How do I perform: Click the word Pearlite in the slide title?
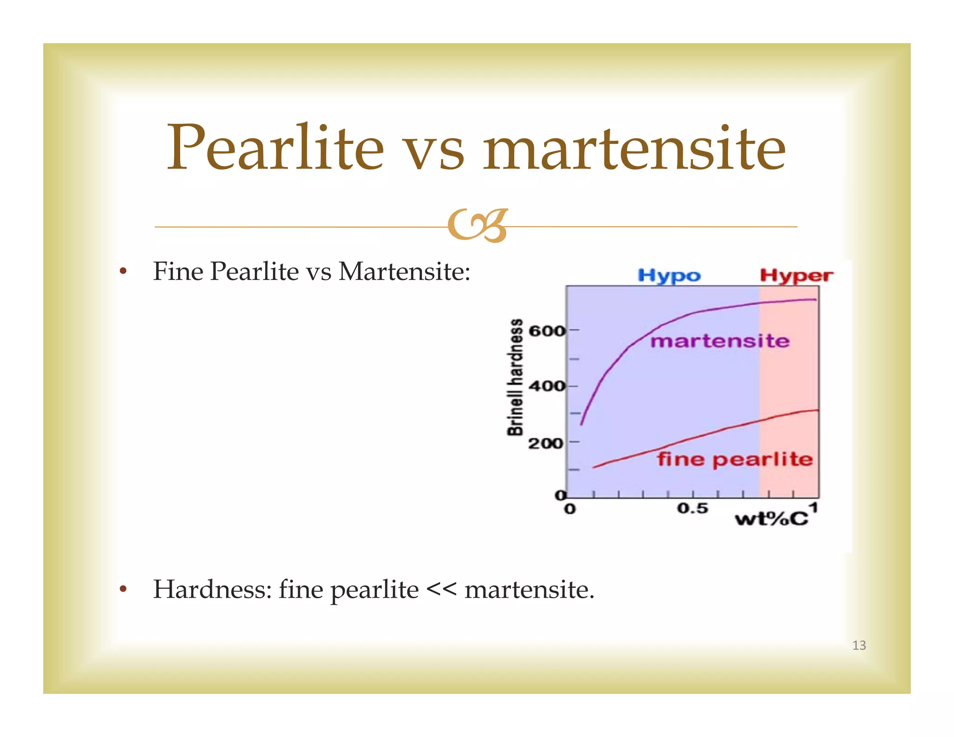[275, 148]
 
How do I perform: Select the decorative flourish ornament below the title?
[477, 226]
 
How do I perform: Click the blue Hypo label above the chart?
[669, 275]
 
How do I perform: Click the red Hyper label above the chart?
[796, 275]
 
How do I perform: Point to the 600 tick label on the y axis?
[546, 331]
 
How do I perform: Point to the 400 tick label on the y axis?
[546, 386]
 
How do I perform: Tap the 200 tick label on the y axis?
[545, 443]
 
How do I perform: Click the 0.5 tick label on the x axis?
[692, 508]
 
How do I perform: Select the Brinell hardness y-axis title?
[515, 377]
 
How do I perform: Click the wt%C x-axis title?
[771, 519]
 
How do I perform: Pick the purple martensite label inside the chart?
[720, 341]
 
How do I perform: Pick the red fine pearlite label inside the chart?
[735, 459]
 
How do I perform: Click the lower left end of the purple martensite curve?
[581, 423]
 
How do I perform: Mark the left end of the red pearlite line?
[594, 467]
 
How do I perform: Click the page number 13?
[859, 645]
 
